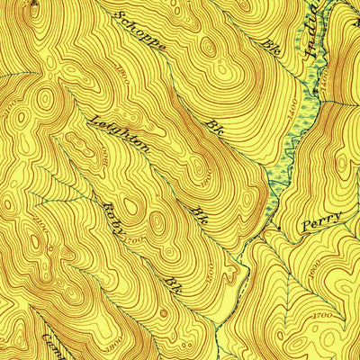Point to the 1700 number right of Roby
click(x=135, y=240)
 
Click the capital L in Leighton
click(x=90, y=118)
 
